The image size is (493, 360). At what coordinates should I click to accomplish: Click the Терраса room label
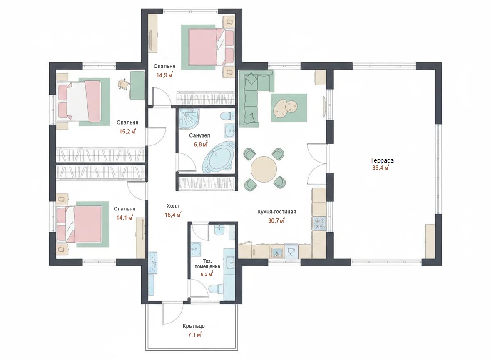coord(382,160)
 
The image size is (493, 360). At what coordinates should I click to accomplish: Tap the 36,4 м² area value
coord(381,167)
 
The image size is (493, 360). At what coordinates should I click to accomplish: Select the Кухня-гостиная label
coord(276,212)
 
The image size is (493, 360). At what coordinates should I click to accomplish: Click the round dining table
coord(264,169)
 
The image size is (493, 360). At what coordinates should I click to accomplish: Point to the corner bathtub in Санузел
coord(219,157)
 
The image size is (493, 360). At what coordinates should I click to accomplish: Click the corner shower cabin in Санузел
coord(189,119)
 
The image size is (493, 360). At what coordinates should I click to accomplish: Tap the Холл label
coord(173,206)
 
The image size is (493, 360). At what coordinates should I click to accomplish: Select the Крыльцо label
coord(194,326)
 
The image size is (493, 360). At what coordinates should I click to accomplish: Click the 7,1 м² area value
coord(194,335)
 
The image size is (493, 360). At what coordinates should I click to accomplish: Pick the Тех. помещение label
coord(207,264)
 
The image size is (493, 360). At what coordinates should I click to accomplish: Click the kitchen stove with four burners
coord(319,223)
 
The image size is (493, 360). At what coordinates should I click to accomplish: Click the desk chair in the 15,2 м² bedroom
coord(124,84)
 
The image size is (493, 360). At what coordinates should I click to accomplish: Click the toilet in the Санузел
coord(227,116)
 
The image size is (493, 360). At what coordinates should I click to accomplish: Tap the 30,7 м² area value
coord(276,220)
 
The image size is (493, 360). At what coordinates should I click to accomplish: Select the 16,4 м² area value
coord(173,215)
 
